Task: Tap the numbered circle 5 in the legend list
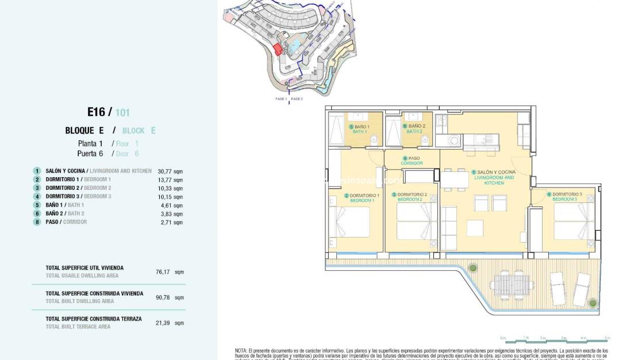37,205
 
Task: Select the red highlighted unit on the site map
278,49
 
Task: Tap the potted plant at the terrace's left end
472,267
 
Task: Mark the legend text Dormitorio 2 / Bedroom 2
78,188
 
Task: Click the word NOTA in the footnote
241,350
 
